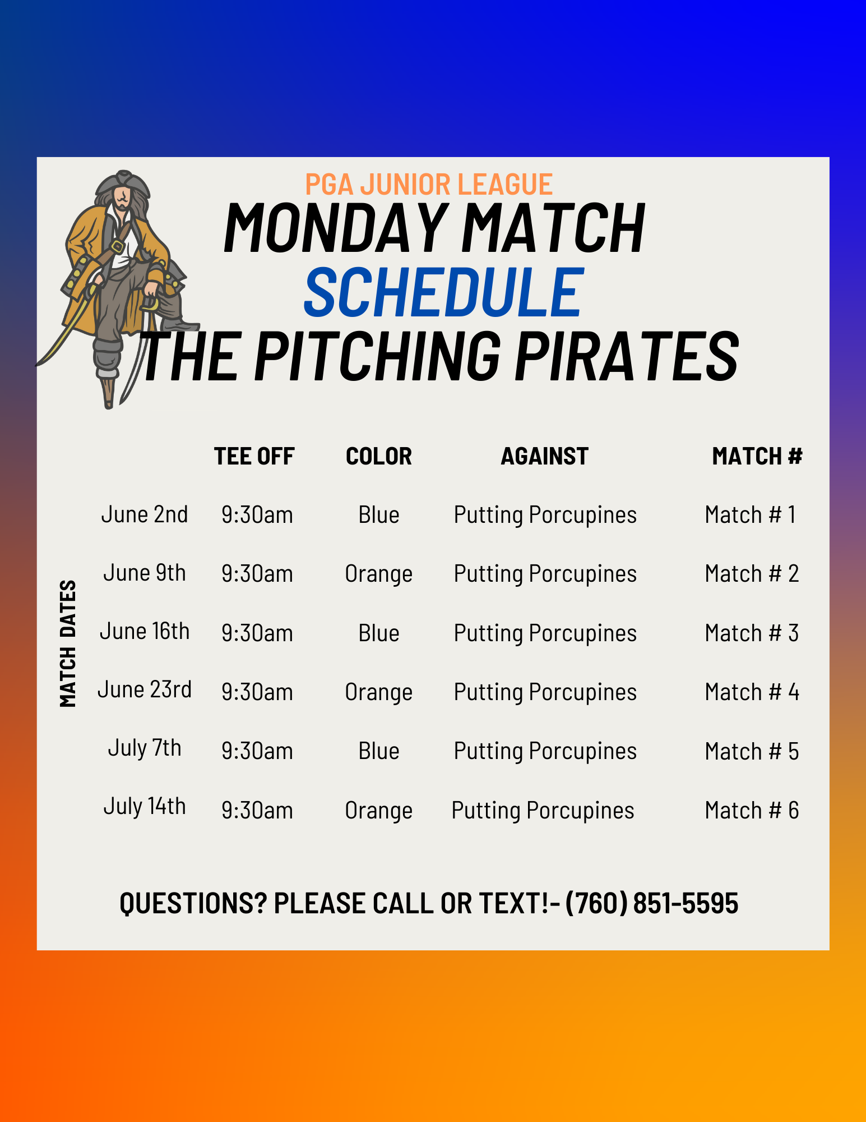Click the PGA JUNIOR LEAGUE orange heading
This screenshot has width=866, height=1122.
[429, 184]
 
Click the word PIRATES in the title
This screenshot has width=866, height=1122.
[627, 356]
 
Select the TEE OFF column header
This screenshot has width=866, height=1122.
[254, 456]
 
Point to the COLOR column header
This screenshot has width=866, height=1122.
[379, 456]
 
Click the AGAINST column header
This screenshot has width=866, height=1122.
[545, 456]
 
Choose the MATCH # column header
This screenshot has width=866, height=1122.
[757, 456]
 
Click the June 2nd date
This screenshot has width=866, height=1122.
[145, 514]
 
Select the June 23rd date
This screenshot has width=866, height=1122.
[145, 689]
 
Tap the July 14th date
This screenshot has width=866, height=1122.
[145, 807]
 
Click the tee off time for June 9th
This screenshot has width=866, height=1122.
[257, 574]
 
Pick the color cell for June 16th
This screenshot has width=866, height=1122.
[379, 633]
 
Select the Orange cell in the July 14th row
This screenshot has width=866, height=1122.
[379, 811]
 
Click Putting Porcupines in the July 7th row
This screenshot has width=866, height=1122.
[545, 752]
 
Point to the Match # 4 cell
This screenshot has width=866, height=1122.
[752, 692]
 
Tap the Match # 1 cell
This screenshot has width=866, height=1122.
[751, 515]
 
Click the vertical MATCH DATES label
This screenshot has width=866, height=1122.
[68, 643]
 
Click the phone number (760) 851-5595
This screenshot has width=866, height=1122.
[652, 903]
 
